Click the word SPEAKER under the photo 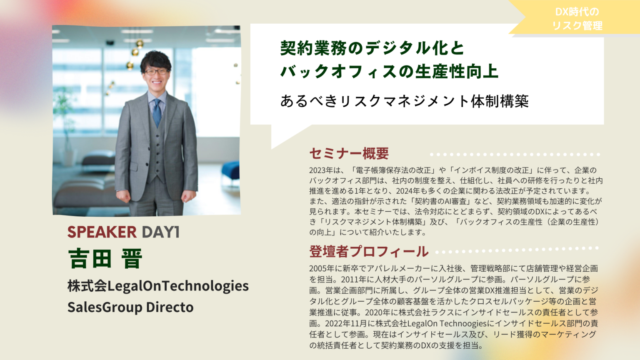pyautogui.click(x=102, y=232)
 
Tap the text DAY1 pyautogui.click(x=161, y=232)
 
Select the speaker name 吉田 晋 pyautogui.click(x=105, y=259)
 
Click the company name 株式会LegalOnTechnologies pyautogui.click(x=158, y=286)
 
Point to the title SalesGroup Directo pyautogui.click(x=130, y=307)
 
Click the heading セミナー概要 pyautogui.click(x=349, y=153)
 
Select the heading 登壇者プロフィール pyautogui.click(x=369, y=251)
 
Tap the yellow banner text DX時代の pyautogui.click(x=577, y=12)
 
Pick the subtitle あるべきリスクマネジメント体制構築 pyautogui.click(x=404, y=101)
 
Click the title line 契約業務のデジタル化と pyautogui.click(x=372, y=48)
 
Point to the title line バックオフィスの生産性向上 pyautogui.click(x=390, y=71)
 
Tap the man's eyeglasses pyautogui.click(x=156, y=72)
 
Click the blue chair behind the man pyautogui.click(x=230, y=171)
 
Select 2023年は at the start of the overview pyautogui.click(x=325, y=170)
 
